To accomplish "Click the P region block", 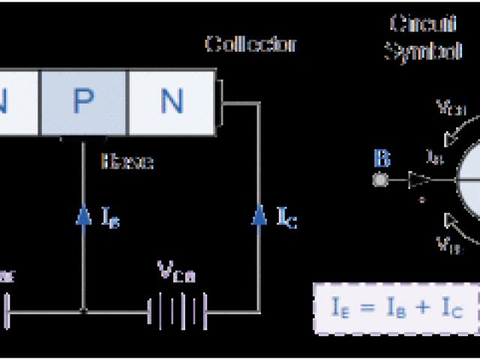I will (83, 103).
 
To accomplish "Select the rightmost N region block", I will (172, 103).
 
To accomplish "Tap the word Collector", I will (250, 44).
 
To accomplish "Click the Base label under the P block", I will (127, 161).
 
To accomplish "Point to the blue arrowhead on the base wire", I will (83, 216).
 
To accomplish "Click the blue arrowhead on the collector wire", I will (259, 216).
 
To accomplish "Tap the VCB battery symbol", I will (176, 307).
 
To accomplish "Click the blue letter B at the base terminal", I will (382, 159).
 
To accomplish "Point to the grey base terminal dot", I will (379, 180).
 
